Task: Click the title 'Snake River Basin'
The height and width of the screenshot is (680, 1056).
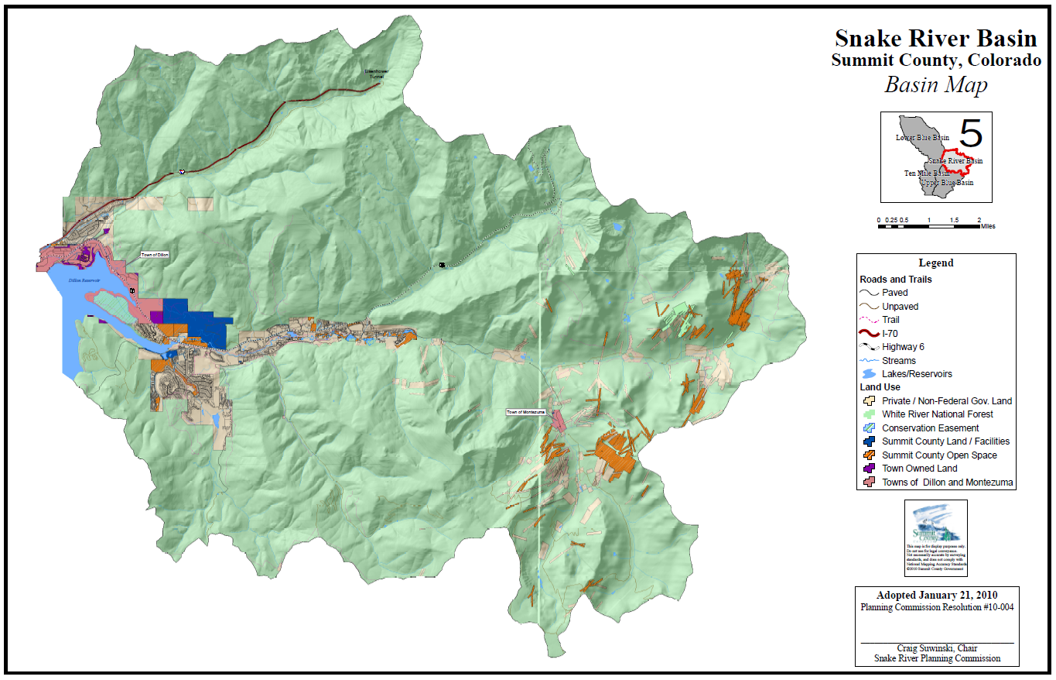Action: tap(935, 39)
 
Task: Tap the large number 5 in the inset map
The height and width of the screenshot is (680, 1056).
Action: tap(970, 133)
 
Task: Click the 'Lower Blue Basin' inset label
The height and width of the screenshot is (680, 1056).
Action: tap(922, 138)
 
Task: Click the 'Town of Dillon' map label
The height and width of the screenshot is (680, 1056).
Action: tap(154, 255)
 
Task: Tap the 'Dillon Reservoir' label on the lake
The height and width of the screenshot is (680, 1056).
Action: tap(86, 280)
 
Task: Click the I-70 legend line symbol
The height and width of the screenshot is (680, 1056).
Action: tap(870, 334)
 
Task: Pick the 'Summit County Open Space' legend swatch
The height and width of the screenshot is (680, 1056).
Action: tap(870, 455)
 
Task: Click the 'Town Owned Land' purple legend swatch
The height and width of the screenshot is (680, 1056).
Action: tap(870, 469)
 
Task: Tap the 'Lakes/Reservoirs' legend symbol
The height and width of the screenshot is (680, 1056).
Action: tap(870, 374)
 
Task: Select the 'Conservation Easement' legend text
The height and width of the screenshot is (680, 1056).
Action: tap(930, 428)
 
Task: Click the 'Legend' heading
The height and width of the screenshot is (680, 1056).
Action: tap(935, 263)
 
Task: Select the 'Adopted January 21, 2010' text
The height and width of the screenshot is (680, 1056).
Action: tap(935, 596)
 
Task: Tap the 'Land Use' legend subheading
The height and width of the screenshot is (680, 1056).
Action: tap(881, 387)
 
